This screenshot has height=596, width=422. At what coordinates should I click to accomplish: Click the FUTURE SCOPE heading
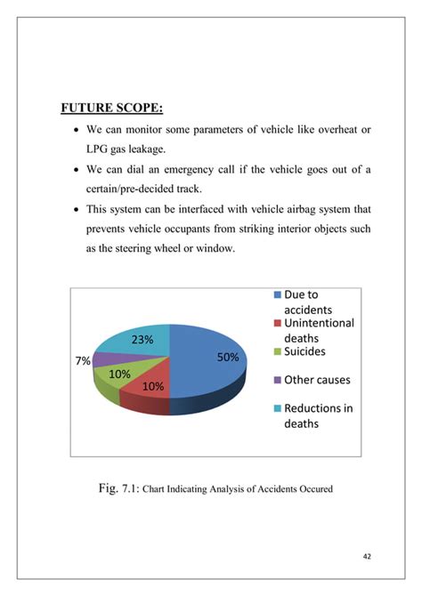click(x=111, y=109)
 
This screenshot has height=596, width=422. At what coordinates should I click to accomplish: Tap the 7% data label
click(x=83, y=361)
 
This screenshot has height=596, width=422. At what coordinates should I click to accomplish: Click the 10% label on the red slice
click(x=152, y=387)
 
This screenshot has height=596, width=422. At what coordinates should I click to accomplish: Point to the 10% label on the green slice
click(x=120, y=375)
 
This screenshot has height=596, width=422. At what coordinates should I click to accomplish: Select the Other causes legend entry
click(x=316, y=380)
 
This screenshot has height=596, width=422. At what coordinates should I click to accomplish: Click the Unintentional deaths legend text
click(x=318, y=330)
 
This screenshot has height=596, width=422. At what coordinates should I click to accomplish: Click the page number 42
click(x=367, y=557)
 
